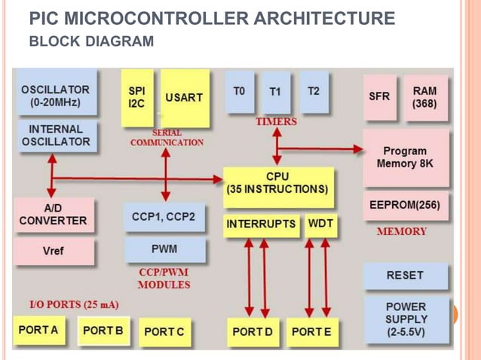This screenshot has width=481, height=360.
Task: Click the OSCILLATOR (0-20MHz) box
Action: click(x=55, y=96)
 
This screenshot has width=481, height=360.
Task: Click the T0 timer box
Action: click(x=239, y=92)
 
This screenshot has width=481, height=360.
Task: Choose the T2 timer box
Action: click(x=314, y=92)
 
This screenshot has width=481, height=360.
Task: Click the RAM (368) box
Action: click(x=425, y=96)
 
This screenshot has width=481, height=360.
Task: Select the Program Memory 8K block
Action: click(x=405, y=157)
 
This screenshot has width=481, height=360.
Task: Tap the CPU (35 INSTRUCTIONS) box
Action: click(x=277, y=183)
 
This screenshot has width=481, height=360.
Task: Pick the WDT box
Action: click(x=321, y=224)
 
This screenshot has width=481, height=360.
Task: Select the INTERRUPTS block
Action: click(x=261, y=224)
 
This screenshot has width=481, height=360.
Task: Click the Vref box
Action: click(x=54, y=251)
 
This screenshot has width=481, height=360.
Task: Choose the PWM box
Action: click(x=164, y=249)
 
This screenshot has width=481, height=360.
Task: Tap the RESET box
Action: click(x=405, y=275)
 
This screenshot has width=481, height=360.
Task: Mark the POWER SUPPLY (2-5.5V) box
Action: click(x=405, y=319)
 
